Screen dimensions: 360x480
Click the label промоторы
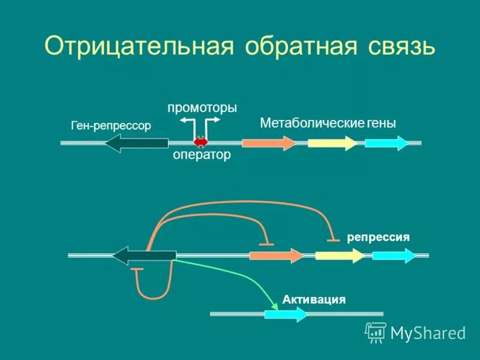click(202, 107)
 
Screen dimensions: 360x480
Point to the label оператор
click(202, 155)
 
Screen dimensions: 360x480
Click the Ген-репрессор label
click(111, 125)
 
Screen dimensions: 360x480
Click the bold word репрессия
click(378, 238)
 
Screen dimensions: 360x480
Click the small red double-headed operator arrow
click(200, 142)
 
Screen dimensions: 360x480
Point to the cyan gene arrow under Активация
click(286, 314)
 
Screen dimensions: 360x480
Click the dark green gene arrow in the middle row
click(144, 255)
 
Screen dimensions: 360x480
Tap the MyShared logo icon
click(376, 331)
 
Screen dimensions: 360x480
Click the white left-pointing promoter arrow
click(188, 122)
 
